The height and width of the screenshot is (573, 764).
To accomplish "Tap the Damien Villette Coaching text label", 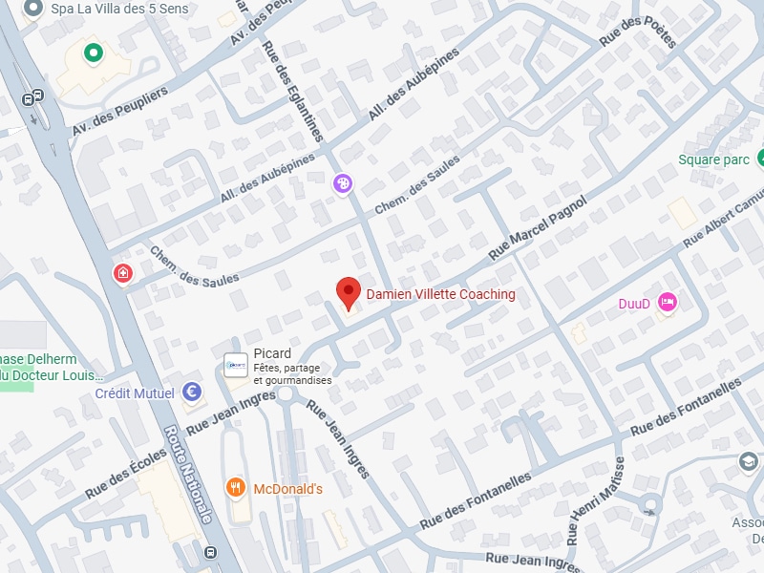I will pyautogui.click(x=441, y=295).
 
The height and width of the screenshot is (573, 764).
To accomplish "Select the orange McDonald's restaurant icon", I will pyautogui.click(x=236, y=489).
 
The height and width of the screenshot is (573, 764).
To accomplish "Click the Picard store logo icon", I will pyautogui.click(x=235, y=365).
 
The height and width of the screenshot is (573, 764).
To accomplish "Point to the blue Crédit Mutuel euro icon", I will pyautogui.click(x=192, y=393).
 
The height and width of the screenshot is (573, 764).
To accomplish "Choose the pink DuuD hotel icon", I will pyautogui.click(x=668, y=303).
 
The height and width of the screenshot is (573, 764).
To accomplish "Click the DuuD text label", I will pyautogui.click(x=634, y=304).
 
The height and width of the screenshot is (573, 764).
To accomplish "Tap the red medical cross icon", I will pyautogui.click(x=122, y=274).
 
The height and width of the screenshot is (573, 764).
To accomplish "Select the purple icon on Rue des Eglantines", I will pyautogui.click(x=343, y=182).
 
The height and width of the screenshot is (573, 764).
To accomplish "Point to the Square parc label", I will pyautogui.click(x=713, y=159).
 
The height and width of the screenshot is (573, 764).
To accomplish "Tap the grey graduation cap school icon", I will pyautogui.click(x=748, y=462).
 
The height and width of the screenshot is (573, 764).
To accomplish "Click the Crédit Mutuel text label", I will pyautogui.click(x=135, y=393).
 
